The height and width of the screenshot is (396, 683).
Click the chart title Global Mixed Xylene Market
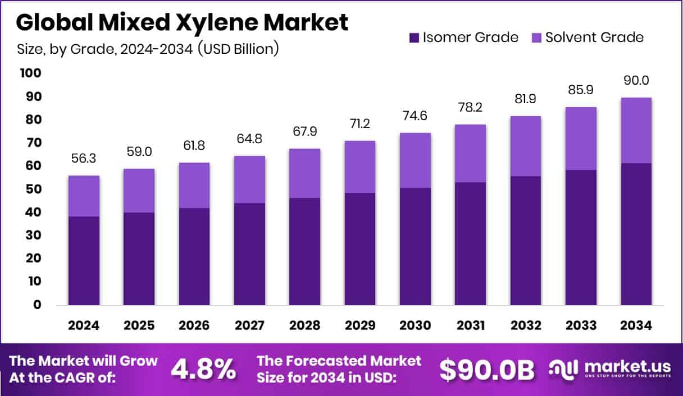183,22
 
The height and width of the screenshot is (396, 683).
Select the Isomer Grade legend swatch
414,38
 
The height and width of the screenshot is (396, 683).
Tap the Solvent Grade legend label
594,38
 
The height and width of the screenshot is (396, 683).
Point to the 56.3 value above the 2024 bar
84,159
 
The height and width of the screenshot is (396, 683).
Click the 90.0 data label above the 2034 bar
636,81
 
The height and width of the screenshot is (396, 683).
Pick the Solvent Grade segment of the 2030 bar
415,160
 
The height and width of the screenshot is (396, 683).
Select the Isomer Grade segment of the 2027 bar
249,254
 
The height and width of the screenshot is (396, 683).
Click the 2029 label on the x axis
359,326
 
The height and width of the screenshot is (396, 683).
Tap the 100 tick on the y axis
31,73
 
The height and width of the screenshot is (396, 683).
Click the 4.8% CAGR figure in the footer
203,369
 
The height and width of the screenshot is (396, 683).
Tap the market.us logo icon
563,369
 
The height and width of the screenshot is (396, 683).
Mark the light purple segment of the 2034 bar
636,130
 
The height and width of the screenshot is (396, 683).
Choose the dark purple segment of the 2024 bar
84,260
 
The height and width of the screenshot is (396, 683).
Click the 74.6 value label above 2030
415,117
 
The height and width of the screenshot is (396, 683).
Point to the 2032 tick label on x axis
525,326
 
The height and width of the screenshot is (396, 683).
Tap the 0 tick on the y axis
38,305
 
